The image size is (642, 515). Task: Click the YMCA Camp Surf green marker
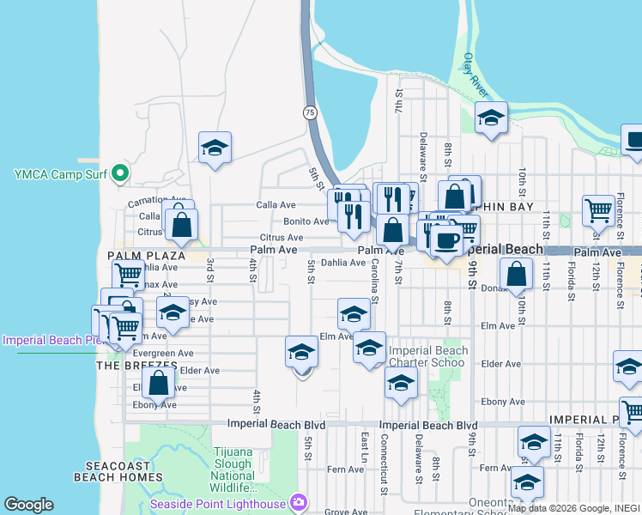(120, 174)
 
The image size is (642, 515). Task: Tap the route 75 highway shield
(308, 112)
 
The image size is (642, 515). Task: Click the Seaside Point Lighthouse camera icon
(299, 502)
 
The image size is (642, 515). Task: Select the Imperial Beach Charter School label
(428, 356)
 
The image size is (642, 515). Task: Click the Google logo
(28, 505)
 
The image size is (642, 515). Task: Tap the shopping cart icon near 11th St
(597, 209)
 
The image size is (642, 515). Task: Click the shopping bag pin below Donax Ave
(516, 275)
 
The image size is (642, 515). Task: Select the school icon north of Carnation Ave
(215, 147)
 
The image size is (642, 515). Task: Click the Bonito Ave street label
(306, 221)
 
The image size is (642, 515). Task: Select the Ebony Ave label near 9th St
(501, 401)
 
